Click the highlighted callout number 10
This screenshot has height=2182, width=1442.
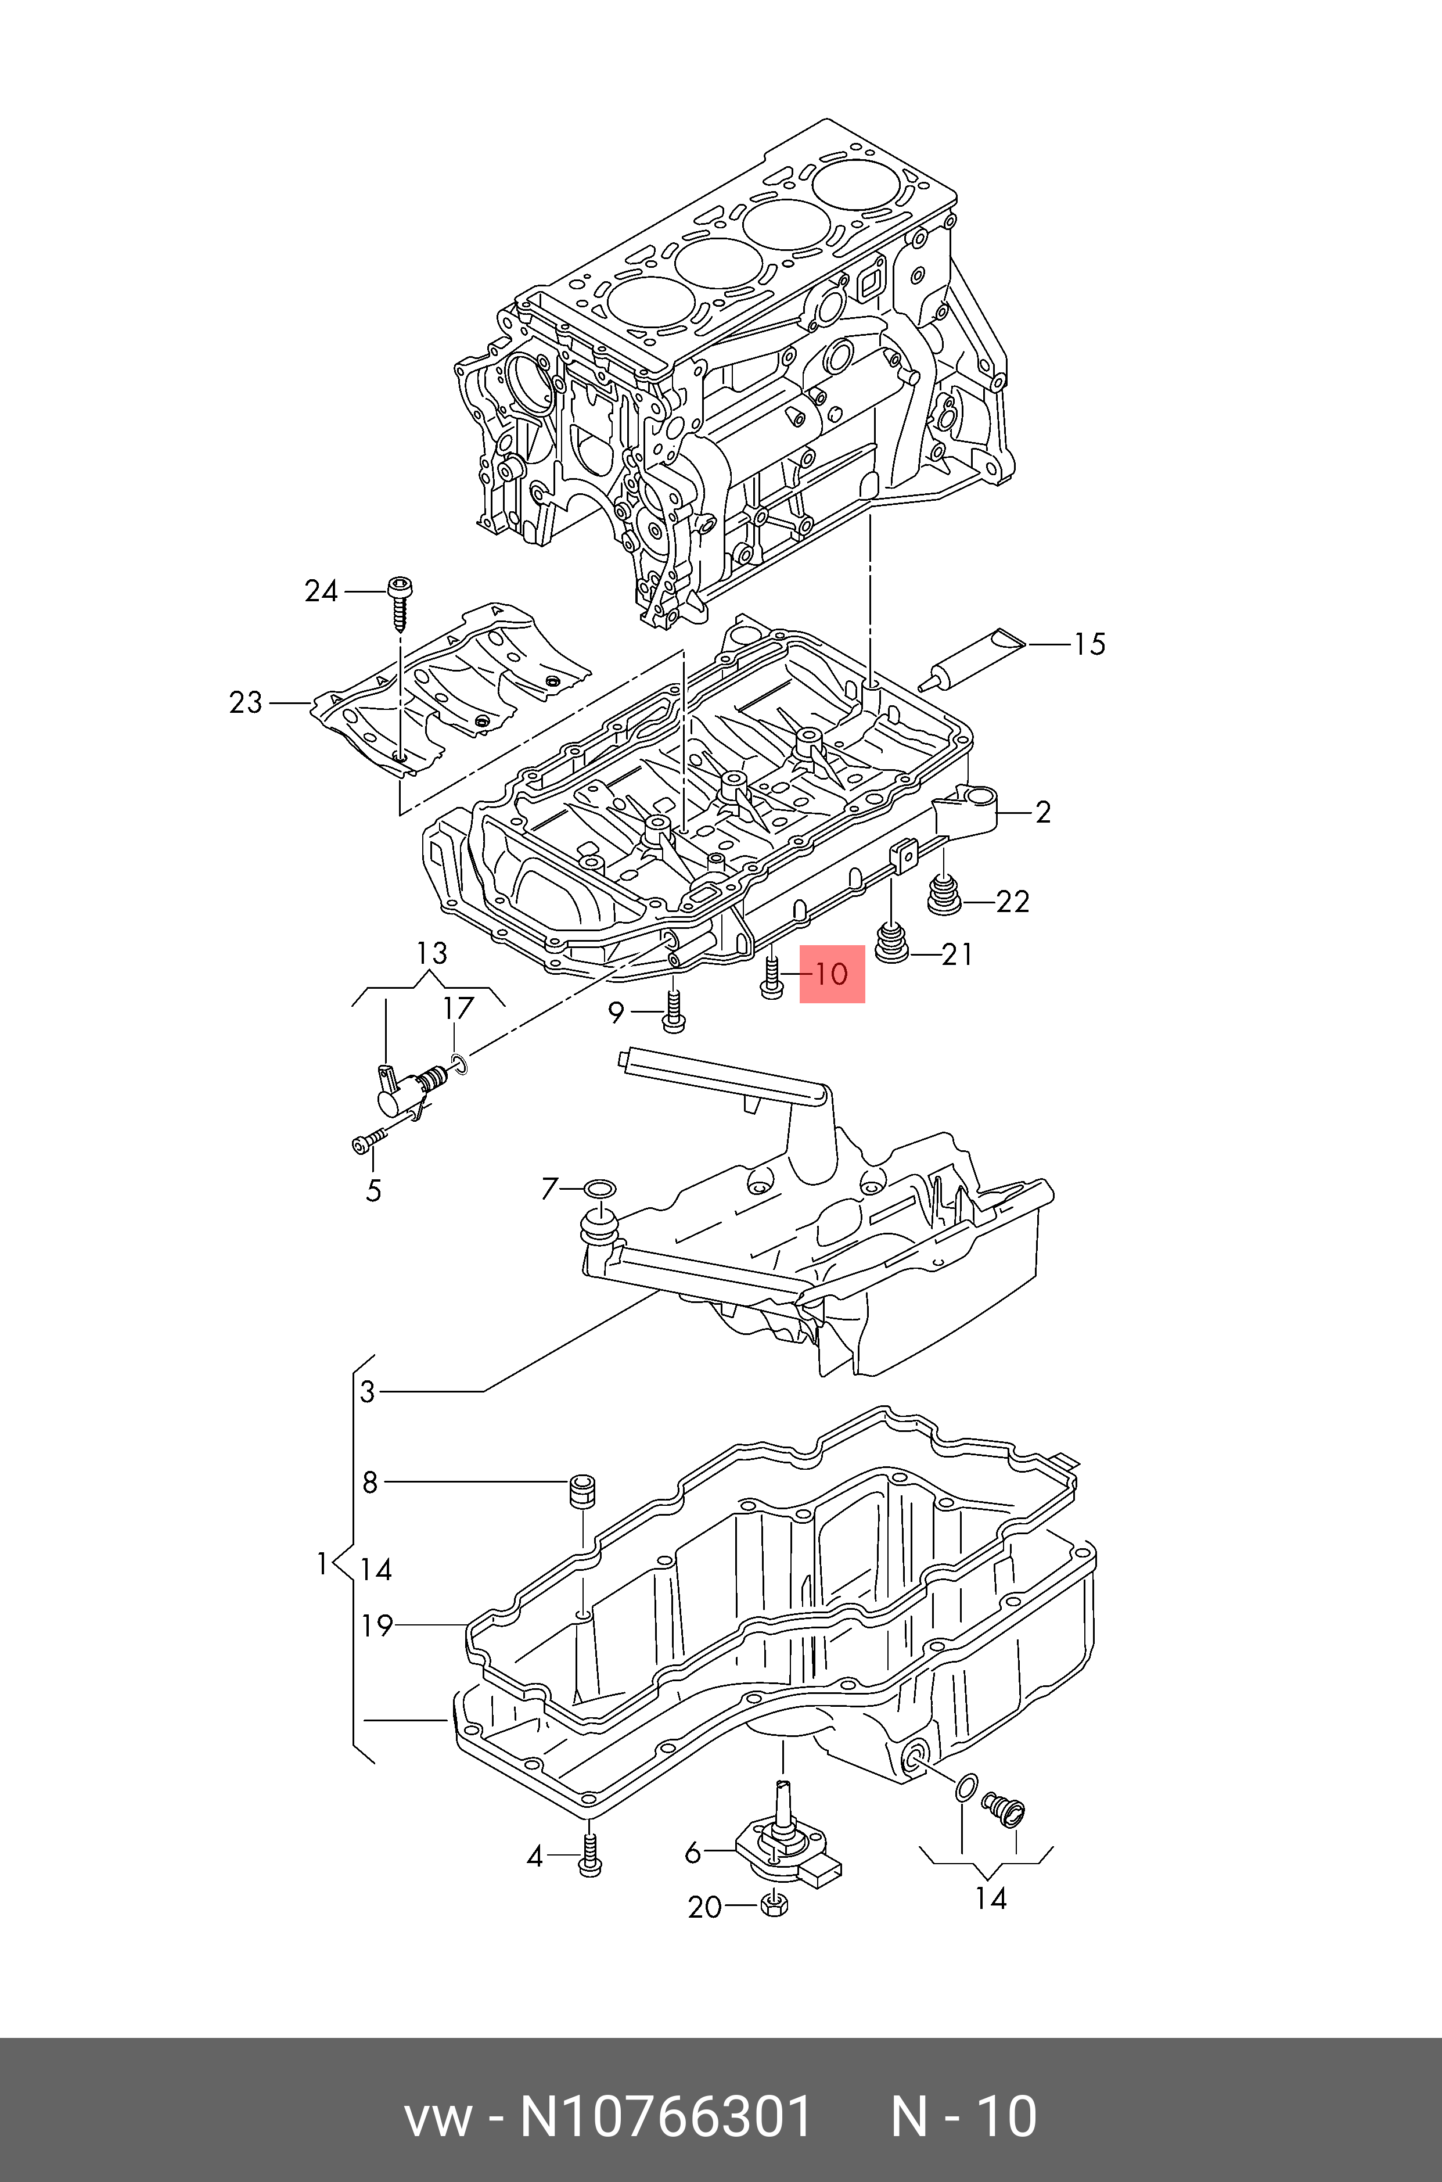tap(832, 973)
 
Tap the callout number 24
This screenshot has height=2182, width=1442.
tap(321, 591)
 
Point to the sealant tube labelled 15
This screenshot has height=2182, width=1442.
tap(970, 659)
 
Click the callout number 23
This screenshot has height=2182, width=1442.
tap(246, 703)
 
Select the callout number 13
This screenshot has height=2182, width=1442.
tap(431, 953)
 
